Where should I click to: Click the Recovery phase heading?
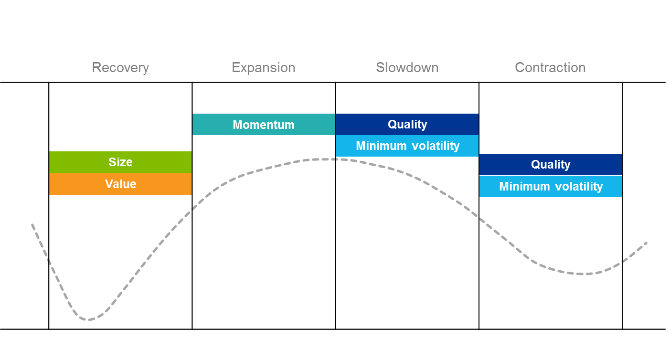tap(120, 68)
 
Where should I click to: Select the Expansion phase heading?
tap(264, 68)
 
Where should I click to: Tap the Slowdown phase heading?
tap(407, 68)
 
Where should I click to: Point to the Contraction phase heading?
tap(550, 68)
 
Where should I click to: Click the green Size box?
tap(120, 162)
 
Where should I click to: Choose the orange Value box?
tap(120, 184)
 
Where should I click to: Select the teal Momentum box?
tap(264, 125)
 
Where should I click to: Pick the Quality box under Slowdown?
tap(407, 124)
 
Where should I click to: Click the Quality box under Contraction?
tap(551, 165)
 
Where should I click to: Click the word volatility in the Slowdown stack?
tap(435, 146)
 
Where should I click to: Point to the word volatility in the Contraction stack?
tap(578, 186)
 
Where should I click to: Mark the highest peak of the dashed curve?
tap(325, 159)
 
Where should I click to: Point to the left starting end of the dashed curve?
tap(32, 224)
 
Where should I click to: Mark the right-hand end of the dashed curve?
tap(647, 243)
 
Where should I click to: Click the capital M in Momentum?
tap(237, 125)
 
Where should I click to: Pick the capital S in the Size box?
tap(112, 162)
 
